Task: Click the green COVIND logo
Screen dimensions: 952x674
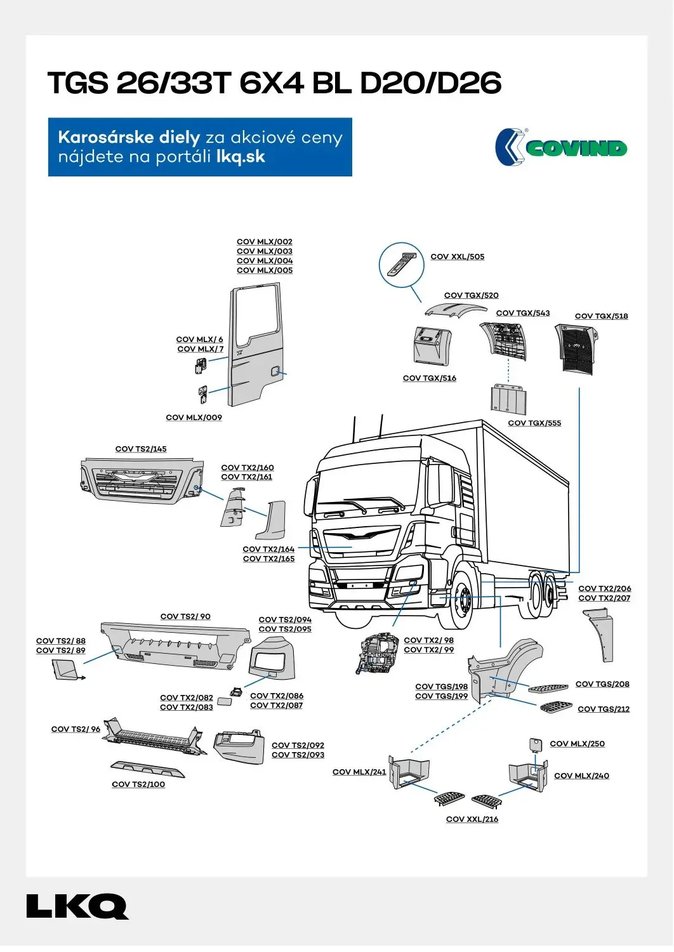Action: (562, 148)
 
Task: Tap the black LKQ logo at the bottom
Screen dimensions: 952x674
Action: (77, 907)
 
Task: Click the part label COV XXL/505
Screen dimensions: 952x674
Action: (457, 257)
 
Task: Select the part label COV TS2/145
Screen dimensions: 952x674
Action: (141, 449)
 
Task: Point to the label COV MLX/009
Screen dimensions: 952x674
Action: (194, 418)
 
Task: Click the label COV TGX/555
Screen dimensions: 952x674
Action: (534, 423)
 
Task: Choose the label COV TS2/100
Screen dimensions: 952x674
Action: (138, 785)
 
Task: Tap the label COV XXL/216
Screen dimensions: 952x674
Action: (472, 820)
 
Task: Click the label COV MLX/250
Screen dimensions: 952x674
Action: (577, 744)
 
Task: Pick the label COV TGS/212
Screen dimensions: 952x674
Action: (604, 710)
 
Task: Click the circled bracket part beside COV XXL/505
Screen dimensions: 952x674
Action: (402, 265)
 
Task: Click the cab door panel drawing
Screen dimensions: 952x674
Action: (256, 346)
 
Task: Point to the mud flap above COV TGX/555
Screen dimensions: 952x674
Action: (508, 399)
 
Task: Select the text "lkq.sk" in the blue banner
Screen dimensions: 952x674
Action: (241, 157)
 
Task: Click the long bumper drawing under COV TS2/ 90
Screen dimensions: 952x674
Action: (175, 645)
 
